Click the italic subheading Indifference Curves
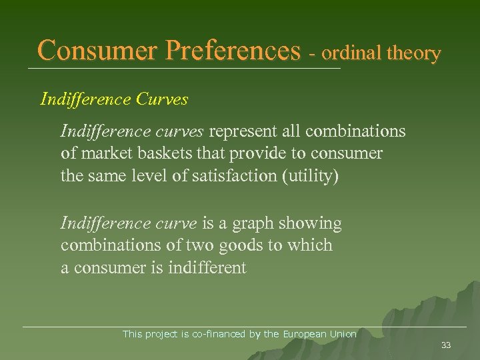[114, 99]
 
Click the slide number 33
[446, 345]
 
